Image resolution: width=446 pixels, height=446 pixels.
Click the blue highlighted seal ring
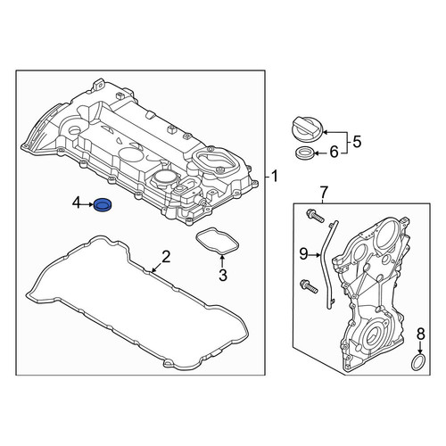pyautogui.click(x=103, y=205)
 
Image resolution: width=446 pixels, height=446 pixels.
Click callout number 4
pyautogui.click(x=76, y=203)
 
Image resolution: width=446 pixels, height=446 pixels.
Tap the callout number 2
pyautogui.click(x=166, y=257)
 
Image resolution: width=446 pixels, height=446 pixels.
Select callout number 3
pyautogui.click(x=223, y=276)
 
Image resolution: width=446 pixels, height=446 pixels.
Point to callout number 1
pyautogui.click(x=275, y=176)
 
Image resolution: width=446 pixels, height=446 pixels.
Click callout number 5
pyautogui.click(x=357, y=142)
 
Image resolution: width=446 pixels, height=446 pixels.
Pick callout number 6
pyautogui.click(x=334, y=153)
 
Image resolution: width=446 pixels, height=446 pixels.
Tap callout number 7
pyautogui.click(x=324, y=193)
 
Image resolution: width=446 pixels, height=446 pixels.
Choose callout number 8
pyautogui.click(x=421, y=334)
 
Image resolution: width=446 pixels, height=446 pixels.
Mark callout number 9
pyautogui.click(x=303, y=254)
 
